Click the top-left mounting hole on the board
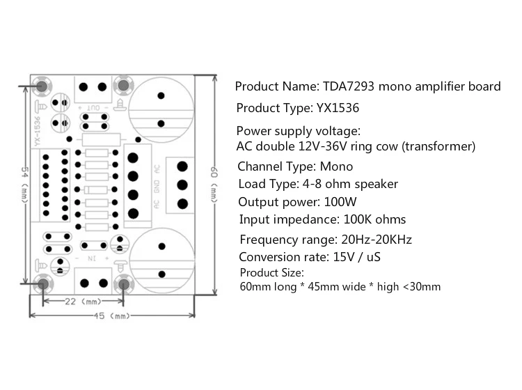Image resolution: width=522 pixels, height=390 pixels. (42, 86)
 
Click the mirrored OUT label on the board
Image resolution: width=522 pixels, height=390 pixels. (93, 108)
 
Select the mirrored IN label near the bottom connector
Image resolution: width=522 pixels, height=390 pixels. (90, 258)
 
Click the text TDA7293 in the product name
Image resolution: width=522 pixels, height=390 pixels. (348, 87)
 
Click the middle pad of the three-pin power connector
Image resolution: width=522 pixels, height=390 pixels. (182, 185)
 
